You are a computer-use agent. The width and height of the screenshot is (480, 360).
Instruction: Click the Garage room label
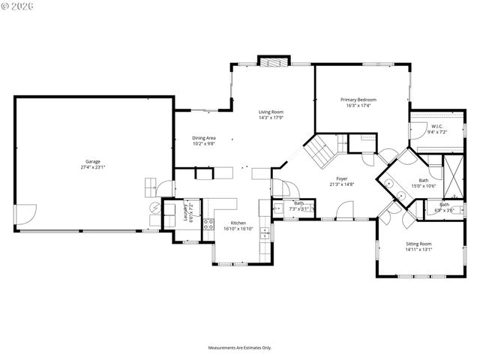[x=92, y=161]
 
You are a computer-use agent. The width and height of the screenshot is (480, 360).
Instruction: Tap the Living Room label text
[x=271, y=112]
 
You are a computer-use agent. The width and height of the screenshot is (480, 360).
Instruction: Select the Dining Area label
[x=204, y=137]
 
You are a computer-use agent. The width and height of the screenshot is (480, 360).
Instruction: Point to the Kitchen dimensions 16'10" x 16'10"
[x=238, y=229]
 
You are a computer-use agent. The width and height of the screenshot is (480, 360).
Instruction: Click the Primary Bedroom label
[x=358, y=100]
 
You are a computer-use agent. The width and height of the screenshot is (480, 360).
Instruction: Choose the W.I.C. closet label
[x=437, y=126]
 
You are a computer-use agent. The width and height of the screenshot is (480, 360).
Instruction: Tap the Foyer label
[x=342, y=178]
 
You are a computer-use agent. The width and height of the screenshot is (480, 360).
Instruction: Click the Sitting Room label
[x=418, y=244]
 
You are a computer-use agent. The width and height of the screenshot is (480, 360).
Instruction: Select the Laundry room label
[x=187, y=210]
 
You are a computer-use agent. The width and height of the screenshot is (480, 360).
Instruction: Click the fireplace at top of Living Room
[x=273, y=61]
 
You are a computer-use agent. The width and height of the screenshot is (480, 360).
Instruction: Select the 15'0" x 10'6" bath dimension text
[x=424, y=185]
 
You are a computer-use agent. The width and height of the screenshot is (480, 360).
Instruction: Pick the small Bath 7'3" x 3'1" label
[x=298, y=206]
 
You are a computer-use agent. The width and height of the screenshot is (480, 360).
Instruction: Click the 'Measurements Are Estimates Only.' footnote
[x=240, y=348]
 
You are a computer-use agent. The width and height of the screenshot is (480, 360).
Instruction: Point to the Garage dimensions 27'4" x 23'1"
[x=92, y=167]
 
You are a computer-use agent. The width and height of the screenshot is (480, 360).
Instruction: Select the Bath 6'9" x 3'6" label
[x=445, y=208]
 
